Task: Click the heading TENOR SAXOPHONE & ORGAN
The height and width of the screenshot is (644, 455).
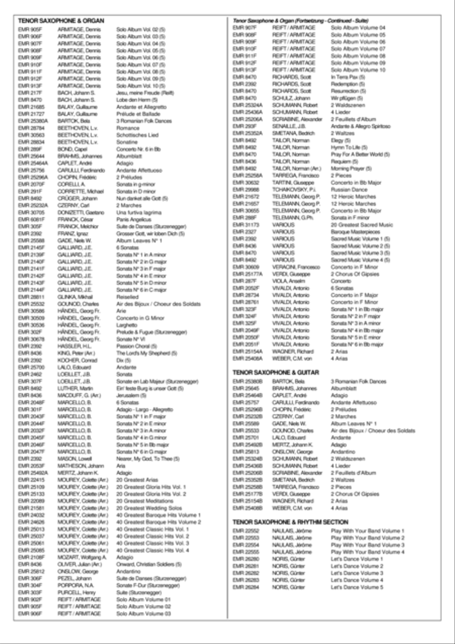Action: click(x=61, y=21)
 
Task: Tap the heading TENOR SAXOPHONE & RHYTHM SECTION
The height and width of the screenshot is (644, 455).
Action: click(x=290, y=522)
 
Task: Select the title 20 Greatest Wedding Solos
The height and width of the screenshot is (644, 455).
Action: click(x=148, y=507)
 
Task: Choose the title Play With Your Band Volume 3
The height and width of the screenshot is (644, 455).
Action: click(x=368, y=545)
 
